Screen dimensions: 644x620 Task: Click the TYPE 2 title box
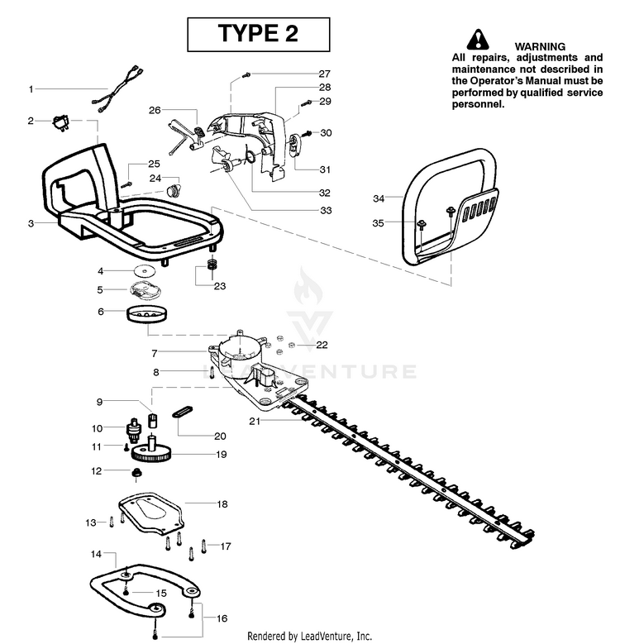pyautogui.click(x=258, y=34)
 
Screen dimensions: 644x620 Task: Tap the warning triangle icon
pyautogui.click(x=477, y=39)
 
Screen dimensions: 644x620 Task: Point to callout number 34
pyautogui.click(x=379, y=198)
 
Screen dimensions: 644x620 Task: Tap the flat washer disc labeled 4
pyautogui.click(x=145, y=271)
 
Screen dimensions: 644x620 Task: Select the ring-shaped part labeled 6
pyautogui.click(x=146, y=315)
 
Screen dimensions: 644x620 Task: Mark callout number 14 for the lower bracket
pyautogui.click(x=97, y=553)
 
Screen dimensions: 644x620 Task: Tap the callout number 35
pyautogui.click(x=379, y=223)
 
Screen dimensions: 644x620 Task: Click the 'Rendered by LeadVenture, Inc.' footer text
pyautogui.click(x=309, y=635)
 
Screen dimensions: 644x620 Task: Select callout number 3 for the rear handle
pyautogui.click(x=31, y=223)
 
